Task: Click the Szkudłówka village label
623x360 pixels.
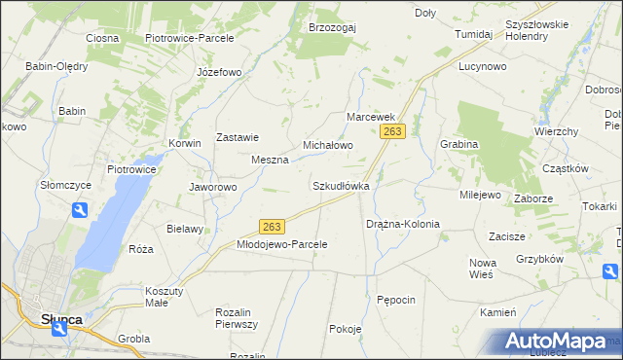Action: (341, 186)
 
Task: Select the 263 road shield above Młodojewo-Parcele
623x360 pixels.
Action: (272, 227)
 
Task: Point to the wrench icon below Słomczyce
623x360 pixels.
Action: (80, 209)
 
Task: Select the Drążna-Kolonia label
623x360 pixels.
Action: (403, 225)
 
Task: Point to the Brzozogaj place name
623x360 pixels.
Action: (333, 27)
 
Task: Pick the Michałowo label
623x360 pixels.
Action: (327, 145)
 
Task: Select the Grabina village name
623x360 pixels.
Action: (458, 144)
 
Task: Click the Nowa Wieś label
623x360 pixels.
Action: (483, 269)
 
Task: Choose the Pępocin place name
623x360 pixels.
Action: (396, 300)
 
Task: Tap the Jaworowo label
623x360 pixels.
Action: (212, 187)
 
